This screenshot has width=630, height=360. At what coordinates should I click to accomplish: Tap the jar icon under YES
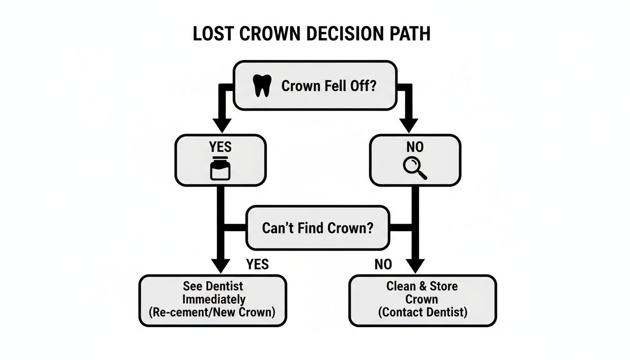pos(220,168)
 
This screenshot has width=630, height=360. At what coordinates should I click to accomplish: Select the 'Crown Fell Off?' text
pos(328,86)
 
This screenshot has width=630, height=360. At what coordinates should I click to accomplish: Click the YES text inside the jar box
pos(220,147)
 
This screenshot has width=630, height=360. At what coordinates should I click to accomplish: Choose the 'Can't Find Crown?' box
pos(317,228)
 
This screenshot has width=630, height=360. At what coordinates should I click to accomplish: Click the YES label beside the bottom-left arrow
pos(257,264)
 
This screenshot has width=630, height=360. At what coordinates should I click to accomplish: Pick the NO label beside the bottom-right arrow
pos(383,264)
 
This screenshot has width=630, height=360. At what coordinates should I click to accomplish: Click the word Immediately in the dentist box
pos(213,299)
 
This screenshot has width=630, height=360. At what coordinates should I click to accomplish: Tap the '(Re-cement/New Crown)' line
pos(213,312)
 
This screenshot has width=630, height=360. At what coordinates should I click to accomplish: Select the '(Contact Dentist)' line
pos(422,312)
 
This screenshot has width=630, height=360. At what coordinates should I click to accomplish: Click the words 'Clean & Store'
pos(422,286)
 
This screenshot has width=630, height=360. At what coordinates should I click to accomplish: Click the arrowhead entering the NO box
pos(408,125)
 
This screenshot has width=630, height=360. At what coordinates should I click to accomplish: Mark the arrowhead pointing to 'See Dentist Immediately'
pos(220,265)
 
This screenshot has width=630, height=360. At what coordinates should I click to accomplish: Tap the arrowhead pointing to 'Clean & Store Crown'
pos(415,265)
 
